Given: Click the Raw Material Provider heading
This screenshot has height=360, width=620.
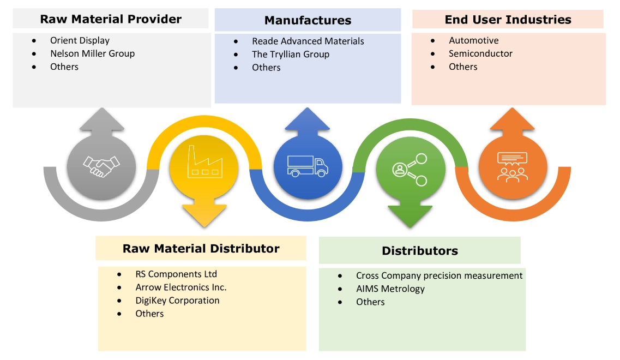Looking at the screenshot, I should pos(111,20).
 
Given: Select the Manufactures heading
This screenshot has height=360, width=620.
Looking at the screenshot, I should pos(308,21).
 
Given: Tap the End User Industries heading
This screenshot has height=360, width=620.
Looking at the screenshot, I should pos(508,20).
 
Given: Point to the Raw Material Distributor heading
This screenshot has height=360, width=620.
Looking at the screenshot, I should pos(201,249).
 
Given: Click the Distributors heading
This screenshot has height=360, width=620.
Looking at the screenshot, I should pos(419,251).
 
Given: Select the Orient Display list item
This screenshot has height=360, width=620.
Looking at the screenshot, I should pos(80,40).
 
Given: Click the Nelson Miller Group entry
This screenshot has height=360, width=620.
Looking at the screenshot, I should pos(92,53).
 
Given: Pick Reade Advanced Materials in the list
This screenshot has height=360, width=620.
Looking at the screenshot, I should pos(308,41).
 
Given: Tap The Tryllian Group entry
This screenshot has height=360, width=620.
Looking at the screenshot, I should pos(290,55).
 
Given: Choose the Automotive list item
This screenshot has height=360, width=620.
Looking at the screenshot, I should pos(473,40).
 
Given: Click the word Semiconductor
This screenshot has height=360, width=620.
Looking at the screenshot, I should pos(480,53).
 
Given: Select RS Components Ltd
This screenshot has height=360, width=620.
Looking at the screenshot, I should pos(176,274).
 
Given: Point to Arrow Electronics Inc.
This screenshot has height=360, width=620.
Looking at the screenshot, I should pos(181,287).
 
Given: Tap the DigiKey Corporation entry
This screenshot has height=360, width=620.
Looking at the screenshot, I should pos(177,301).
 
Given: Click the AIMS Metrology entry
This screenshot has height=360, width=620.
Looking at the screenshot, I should pos(390,289).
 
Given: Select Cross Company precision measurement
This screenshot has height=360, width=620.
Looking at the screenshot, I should pos(439,276).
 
